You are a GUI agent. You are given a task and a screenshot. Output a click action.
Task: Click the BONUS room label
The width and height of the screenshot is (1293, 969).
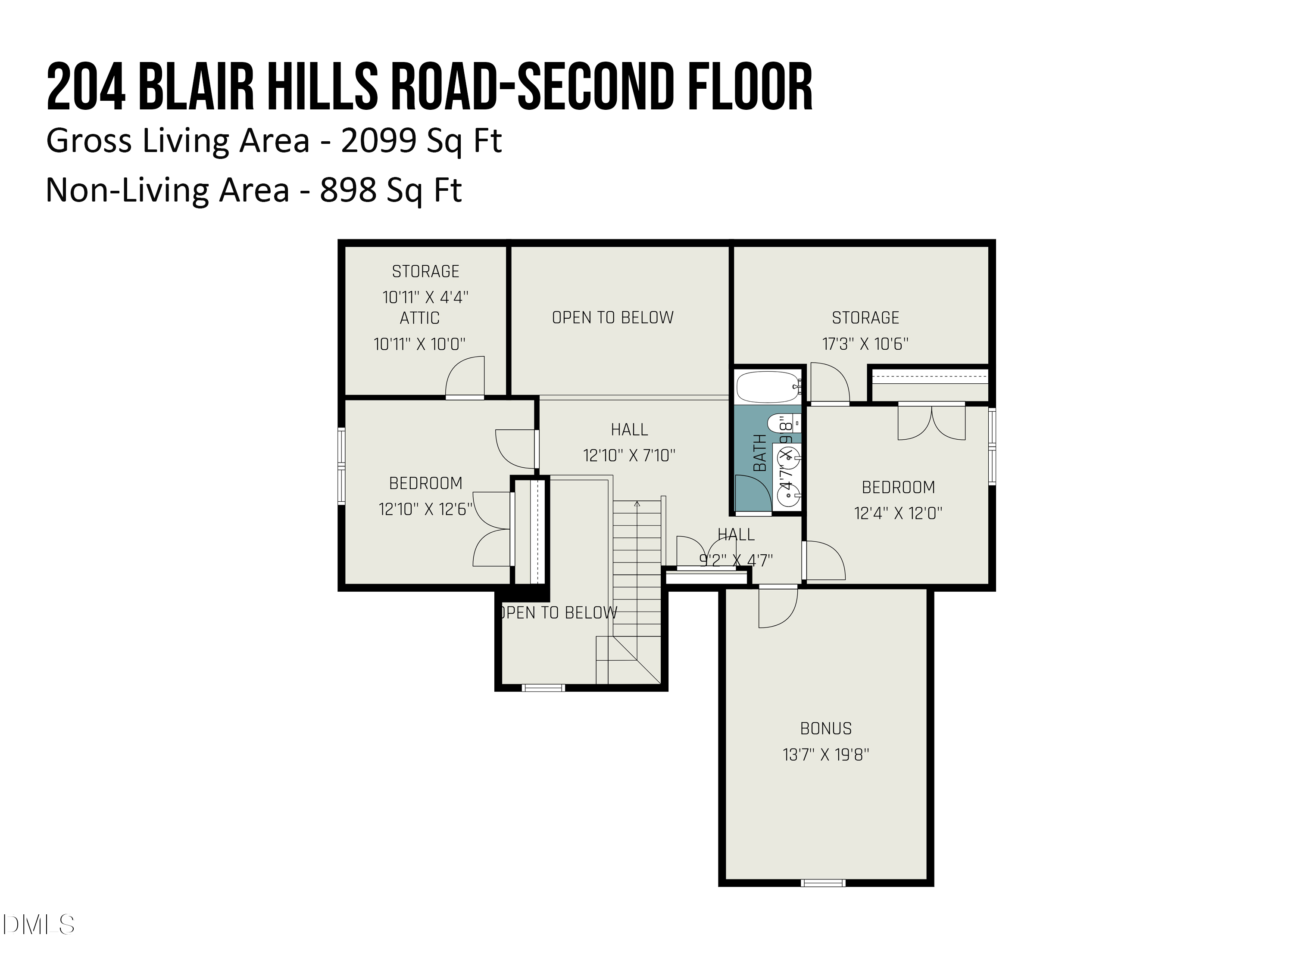[x=825, y=728]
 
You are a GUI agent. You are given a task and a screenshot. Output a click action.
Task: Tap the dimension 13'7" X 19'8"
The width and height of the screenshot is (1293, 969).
[x=825, y=755]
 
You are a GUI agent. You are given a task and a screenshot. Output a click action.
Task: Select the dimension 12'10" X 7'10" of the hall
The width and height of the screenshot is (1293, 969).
[x=629, y=456]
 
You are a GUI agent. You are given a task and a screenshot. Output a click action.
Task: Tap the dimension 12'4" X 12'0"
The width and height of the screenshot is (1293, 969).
[x=898, y=513]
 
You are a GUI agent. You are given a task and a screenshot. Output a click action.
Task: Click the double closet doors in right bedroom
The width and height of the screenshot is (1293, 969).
[x=931, y=423]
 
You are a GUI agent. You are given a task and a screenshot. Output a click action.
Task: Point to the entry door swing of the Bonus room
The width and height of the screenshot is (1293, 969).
[x=778, y=607]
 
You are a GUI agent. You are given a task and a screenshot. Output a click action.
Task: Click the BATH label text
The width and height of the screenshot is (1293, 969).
[x=759, y=453]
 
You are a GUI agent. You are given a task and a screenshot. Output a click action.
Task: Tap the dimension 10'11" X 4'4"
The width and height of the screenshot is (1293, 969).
[x=425, y=297]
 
